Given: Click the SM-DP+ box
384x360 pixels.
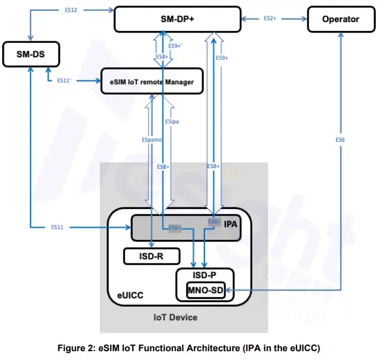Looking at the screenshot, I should pyautogui.click(x=177, y=19).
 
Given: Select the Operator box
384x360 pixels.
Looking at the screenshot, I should pyautogui.click(x=340, y=19).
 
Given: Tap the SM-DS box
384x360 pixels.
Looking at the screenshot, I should pyautogui.click(x=31, y=53).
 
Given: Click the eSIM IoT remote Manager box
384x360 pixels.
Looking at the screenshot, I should pyautogui.click(x=152, y=82).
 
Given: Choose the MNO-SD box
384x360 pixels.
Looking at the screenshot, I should pyautogui.click(x=206, y=291).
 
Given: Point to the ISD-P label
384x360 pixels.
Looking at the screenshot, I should pyautogui.click(x=205, y=275).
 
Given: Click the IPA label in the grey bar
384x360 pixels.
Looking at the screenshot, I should pyautogui.click(x=230, y=224).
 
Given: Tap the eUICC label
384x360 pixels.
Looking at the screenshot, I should pyautogui.click(x=131, y=295).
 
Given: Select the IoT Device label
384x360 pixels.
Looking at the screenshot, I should pyautogui.click(x=175, y=317).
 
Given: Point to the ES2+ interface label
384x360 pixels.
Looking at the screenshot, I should pyautogui.click(x=269, y=19).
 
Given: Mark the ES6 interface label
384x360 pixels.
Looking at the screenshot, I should pyautogui.click(x=340, y=140).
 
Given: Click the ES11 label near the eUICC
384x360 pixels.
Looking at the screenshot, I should pyautogui.click(x=58, y=227).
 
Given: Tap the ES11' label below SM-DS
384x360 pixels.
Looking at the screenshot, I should pyautogui.click(x=65, y=80).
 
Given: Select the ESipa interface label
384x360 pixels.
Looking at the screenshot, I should pyautogui.click(x=172, y=121).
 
